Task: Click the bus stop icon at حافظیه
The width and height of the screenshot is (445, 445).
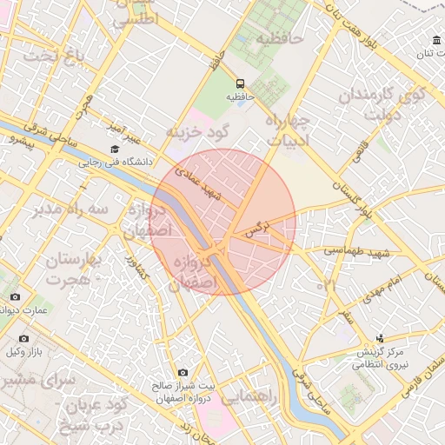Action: [239, 83]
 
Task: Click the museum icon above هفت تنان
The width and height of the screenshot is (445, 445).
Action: [435, 40]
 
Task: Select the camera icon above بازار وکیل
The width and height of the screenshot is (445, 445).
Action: [23, 337]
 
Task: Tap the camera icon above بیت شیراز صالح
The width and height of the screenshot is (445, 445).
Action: [183, 372]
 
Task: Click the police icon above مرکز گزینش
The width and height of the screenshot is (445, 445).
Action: [380, 338]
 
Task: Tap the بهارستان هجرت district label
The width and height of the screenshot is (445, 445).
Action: [70, 269]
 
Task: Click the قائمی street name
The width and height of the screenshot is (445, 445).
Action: [358, 153]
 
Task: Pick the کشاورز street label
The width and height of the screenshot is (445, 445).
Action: [132, 263]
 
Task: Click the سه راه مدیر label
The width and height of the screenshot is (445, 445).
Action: [66, 209]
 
